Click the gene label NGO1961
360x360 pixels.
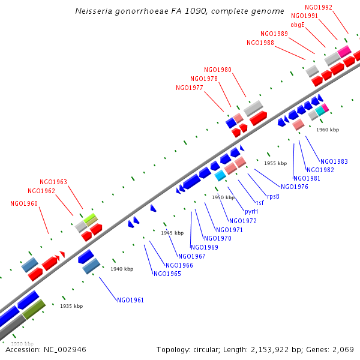tap(130, 300)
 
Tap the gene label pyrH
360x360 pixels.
tap(251, 211)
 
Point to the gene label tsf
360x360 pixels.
tap(260, 203)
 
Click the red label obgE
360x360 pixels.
tap(298, 25)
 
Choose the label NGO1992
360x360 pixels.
tap(319, 7)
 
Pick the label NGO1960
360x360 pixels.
tap(24, 203)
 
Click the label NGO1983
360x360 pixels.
tap(334, 161)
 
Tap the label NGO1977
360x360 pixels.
tap(190, 88)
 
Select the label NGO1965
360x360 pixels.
tap(167, 274)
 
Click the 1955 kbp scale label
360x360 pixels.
tap(275, 163)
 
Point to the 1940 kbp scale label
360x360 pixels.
tap(122, 269)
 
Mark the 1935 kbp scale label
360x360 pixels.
tap(71, 306)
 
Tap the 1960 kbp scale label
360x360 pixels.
tap(328, 130)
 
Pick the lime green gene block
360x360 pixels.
tap(91, 220)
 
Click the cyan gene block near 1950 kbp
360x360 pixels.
tap(220, 175)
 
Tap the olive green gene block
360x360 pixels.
tap(34, 310)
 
